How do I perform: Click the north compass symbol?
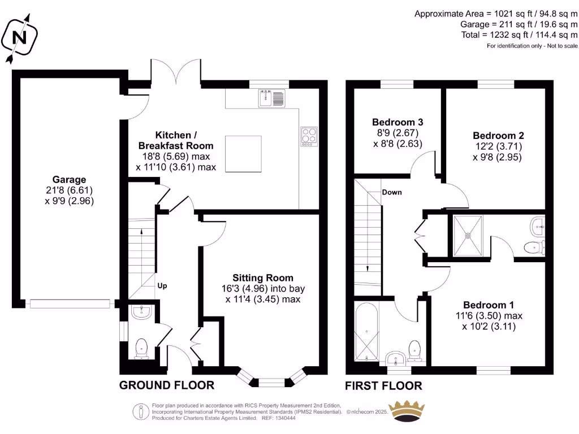(x=20, y=37)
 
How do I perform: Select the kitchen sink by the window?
(x=272, y=99)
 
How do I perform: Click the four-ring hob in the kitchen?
(x=309, y=136)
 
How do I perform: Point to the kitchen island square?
(x=243, y=153)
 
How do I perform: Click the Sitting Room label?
(x=263, y=277)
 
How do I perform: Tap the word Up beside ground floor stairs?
(x=162, y=285)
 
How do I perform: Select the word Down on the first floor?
(x=391, y=192)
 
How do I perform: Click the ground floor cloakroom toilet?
(x=141, y=348)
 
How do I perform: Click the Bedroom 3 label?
(x=397, y=122)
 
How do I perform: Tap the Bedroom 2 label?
(x=498, y=136)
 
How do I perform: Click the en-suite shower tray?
(x=466, y=235)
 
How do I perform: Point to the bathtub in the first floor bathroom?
(x=365, y=332)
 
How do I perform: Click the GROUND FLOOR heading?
(x=166, y=385)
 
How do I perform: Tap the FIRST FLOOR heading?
(x=383, y=386)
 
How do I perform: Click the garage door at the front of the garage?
(x=69, y=304)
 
